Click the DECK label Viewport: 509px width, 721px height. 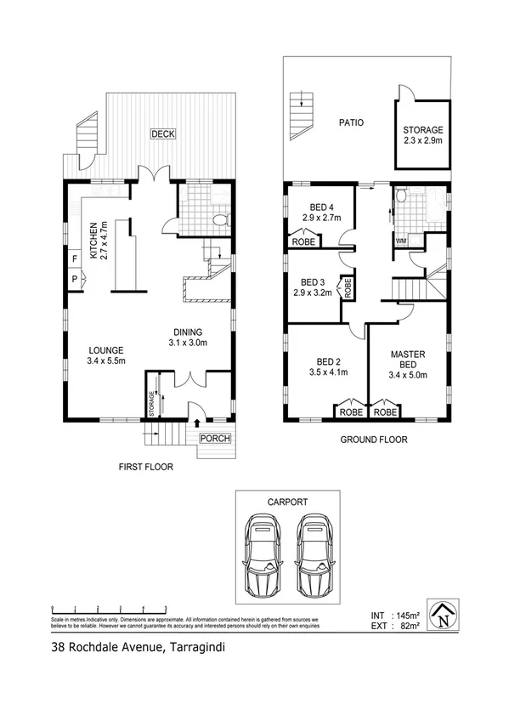pyautogui.click(x=162, y=133)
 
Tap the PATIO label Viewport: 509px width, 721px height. pyautogui.click(x=349, y=122)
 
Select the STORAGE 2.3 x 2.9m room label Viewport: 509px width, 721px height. pyautogui.click(x=422, y=135)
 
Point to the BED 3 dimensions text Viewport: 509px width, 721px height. pyautogui.click(x=310, y=292)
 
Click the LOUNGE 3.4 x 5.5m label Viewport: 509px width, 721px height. pyautogui.click(x=106, y=355)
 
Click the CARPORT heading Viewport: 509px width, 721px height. pyautogui.click(x=287, y=502)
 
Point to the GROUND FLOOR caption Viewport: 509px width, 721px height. pyautogui.click(x=374, y=440)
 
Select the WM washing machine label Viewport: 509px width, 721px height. pyautogui.click(x=400, y=241)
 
